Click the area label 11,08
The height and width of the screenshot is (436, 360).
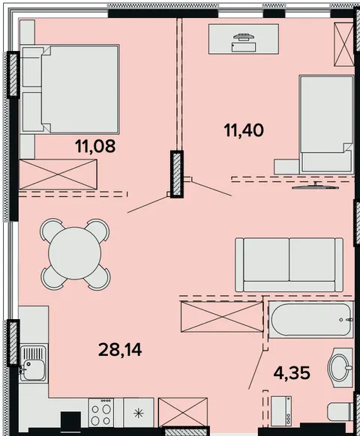95,146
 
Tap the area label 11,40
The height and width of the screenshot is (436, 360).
244,130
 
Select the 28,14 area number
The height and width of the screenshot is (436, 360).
120,350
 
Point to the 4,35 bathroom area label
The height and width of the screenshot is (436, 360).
292,373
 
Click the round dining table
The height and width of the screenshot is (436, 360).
74,253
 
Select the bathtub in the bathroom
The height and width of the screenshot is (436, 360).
310,320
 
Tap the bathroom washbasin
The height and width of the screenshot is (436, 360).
340,367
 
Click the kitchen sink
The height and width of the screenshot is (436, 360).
34,363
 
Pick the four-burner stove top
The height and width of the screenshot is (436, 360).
101,412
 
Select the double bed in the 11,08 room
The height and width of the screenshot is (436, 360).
70,88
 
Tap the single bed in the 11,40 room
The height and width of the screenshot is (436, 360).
326,124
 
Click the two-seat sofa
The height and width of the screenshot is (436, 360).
289,264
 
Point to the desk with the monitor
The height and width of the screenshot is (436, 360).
244,39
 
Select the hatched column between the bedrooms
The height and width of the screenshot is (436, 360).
177,174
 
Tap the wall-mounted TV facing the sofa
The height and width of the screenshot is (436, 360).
316,187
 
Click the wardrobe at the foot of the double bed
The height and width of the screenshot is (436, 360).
58,175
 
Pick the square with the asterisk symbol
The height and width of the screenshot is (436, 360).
139,414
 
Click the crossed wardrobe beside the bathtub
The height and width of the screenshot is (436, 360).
222,316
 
